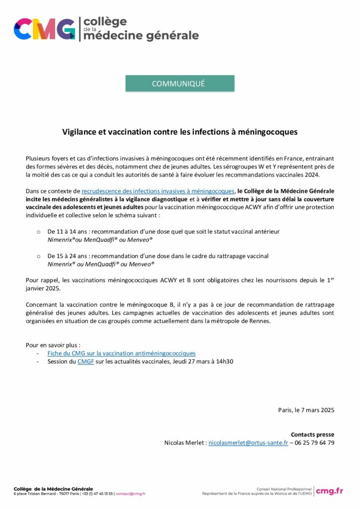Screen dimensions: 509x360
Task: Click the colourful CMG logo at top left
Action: [45, 29]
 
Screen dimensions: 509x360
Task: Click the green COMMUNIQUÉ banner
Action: [180, 84]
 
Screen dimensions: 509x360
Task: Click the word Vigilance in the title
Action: [79, 132]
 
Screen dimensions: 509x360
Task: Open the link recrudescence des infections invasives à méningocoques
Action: [158, 191]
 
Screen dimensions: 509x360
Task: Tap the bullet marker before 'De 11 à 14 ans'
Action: [38, 232]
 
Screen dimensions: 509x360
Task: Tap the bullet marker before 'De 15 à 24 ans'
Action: [38, 256]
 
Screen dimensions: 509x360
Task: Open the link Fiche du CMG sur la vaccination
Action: [121, 353]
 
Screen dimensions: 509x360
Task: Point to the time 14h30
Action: [223, 361]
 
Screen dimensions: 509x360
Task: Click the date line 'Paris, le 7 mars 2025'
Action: [306, 410]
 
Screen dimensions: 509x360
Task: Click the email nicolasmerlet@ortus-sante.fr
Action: [248, 442]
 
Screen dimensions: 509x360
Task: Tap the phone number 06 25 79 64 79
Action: [315, 442]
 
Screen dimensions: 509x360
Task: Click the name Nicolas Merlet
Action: [184, 442]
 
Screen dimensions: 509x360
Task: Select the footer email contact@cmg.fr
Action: [130, 494]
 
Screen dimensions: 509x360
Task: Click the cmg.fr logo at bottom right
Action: [329, 491]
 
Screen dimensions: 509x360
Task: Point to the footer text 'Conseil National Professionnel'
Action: [284, 489]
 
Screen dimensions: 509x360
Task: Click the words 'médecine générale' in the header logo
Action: [141, 36]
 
